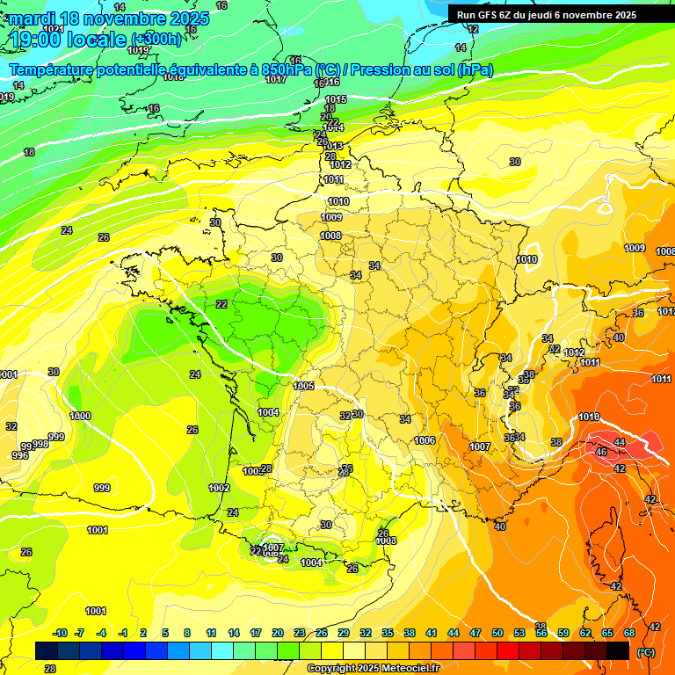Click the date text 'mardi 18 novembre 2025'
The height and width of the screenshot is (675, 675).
click(x=110, y=18)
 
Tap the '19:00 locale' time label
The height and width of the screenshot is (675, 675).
click(x=69, y=39)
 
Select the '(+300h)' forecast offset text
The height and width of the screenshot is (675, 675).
click(x=156, y=40)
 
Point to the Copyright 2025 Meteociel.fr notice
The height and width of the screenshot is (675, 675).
click(x=373, y=668)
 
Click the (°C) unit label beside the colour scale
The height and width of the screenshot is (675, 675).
click(x=646, y=652)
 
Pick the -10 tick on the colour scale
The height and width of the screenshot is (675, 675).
click(x=60, y=633)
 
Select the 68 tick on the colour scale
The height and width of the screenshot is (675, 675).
click(x=629, y=633)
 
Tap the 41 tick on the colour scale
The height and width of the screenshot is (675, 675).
click(x=432, y=633)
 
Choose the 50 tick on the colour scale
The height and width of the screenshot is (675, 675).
click(x=497, y=633)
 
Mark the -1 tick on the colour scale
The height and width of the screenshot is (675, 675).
click(x=123, y=633)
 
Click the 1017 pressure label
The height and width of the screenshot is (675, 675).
click(x=276, y=79)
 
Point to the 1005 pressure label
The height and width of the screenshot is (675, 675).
click(x=304, y=386)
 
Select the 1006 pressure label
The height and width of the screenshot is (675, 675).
click(x=425, y=440)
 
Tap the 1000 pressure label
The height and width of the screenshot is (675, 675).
click(x=80, y=416)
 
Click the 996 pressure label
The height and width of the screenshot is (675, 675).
click(x=19, y=455)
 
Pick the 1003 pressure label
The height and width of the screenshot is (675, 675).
click(x=385, y=541)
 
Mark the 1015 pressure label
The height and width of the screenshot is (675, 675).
click(x=336, y=99)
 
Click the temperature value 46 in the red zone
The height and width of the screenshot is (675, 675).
click(x=601, y=452)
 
